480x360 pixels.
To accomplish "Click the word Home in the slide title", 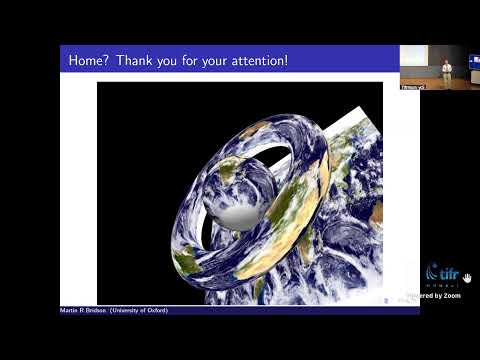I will (86, 61).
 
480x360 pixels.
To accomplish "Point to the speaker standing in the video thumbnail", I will (447, 70).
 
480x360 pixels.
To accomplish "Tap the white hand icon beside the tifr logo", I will (466, 277).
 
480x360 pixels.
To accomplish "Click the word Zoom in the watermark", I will (451, 295).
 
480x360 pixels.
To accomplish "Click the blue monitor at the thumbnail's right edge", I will (475, 62).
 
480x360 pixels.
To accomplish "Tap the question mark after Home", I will (106, 61).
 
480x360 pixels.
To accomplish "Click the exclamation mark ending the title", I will (287, 61).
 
